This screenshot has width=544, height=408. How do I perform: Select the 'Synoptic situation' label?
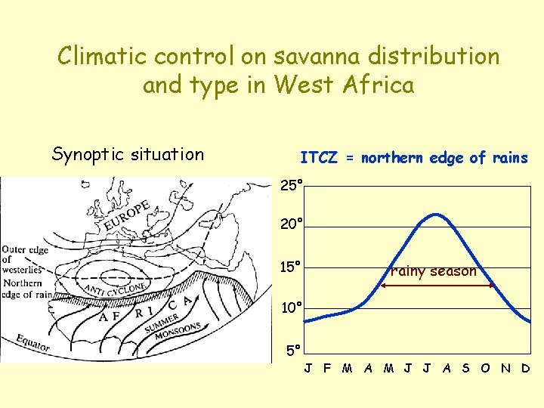click(x=128, y=154)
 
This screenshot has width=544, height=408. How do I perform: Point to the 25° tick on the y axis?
click(x=292, y=185)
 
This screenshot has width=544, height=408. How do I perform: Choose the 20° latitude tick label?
click(x=292, y=224)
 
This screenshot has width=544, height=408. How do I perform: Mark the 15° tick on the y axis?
click(x=292, y=267)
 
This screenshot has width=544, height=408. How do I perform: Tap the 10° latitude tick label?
click(x=292, y=308)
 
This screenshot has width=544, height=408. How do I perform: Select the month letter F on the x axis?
click(x=326, y=369)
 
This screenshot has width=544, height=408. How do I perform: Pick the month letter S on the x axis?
click(x=465, y=369)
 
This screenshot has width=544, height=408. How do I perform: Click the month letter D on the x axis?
click(x=525, y=369)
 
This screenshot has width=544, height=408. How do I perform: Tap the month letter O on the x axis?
click(x=485, y=369)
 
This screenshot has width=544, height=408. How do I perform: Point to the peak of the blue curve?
click(x=435, y=215)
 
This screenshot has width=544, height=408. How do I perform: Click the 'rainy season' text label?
click(x=434, y=271)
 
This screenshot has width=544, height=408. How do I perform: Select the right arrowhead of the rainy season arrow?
click(x=493, y=286)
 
